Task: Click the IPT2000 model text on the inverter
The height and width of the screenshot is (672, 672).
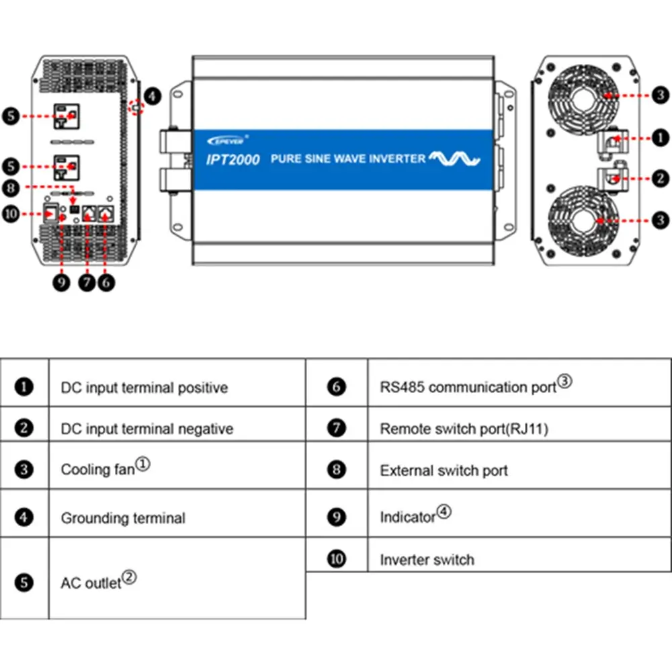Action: tap(230, 159)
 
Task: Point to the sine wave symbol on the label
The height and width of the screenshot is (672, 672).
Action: tap(455, 159)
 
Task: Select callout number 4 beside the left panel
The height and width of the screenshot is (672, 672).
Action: tap(153, 96)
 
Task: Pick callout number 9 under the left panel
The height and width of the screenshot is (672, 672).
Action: tap(62, 283)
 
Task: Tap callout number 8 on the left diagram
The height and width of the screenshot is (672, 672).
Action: tap(11, 187)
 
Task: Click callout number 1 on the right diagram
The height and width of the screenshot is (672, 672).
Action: tap(661, 138)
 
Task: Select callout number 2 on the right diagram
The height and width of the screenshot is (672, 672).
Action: tap(661, 178)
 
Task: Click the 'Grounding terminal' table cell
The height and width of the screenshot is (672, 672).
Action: tap(123, 518)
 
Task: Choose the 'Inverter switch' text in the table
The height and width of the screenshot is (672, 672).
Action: tap(427, 560)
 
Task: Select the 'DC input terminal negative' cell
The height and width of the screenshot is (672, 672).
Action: tap(147, 429)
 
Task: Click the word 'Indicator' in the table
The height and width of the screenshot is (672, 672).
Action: tap(408, 517)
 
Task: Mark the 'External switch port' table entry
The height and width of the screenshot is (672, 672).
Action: tap(444, 470)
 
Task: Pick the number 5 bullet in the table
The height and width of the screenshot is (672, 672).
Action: tap(24, 582)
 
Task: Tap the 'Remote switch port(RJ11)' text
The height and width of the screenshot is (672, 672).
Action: tap(464, 429)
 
